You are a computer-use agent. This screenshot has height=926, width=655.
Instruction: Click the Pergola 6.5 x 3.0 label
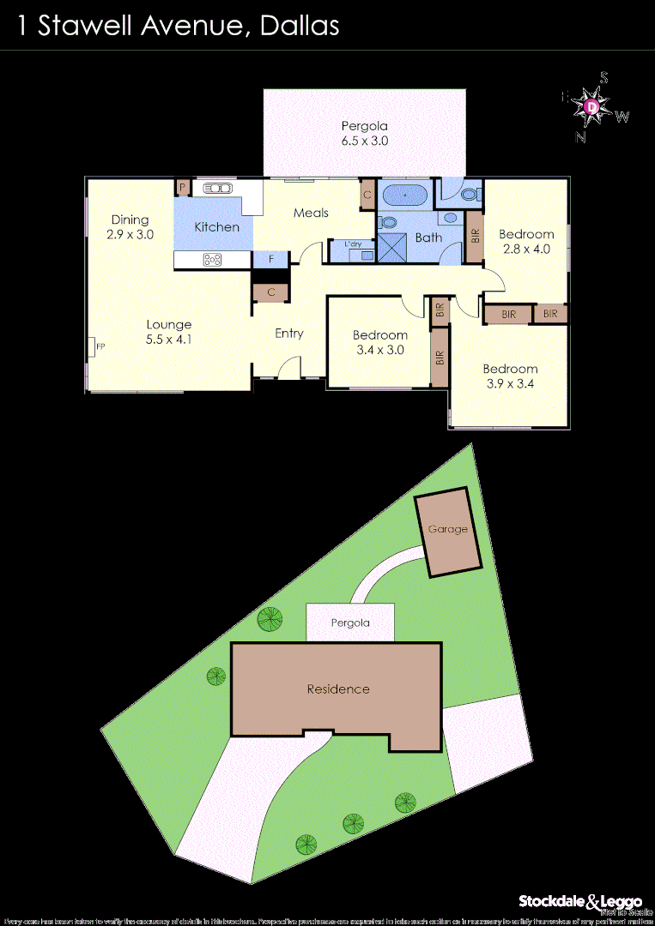(365, 133)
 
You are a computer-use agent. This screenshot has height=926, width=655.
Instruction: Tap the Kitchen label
(216, 227)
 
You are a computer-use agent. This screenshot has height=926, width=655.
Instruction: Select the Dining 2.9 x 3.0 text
(130, 226)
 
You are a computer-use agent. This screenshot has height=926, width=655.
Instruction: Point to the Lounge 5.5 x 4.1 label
(168, 332)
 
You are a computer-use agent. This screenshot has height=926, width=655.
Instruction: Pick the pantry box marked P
(182, 187)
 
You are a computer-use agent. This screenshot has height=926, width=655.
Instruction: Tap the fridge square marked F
(271, 259)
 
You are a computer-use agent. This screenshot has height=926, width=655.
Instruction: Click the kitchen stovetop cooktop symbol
(211, 260)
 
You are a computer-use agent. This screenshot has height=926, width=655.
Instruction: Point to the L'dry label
(353, 245)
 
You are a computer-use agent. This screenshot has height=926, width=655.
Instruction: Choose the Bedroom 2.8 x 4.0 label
(526, 242)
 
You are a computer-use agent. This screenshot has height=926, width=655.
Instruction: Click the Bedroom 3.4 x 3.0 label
(379, 342)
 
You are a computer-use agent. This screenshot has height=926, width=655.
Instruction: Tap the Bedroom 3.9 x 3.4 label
(509, 376)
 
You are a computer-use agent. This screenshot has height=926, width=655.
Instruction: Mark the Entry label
(289, 334)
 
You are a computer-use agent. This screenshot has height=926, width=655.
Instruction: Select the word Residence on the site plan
(338, 689)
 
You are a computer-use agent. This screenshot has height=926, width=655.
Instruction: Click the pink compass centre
(592, 106)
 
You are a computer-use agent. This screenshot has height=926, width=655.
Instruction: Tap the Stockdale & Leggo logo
(580, 901)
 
